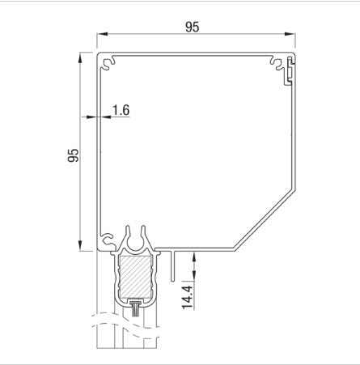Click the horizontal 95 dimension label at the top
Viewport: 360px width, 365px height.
[x=193, y=27]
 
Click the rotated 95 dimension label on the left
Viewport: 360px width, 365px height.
[x=73, y=155]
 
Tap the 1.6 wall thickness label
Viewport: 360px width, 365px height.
[x=121, y=110]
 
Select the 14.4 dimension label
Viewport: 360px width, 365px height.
[x=188, y=297]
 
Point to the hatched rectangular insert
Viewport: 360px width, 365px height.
[x=134, y=276]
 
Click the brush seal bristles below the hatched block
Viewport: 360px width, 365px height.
[x=134, y=309]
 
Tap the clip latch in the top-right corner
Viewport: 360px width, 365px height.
[x=289, y=70]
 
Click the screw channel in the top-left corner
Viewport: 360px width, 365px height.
[x=108, y=63]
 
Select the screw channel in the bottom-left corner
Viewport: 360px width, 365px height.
[x=107, y=240]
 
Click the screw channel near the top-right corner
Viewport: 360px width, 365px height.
[x=277, y=63]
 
